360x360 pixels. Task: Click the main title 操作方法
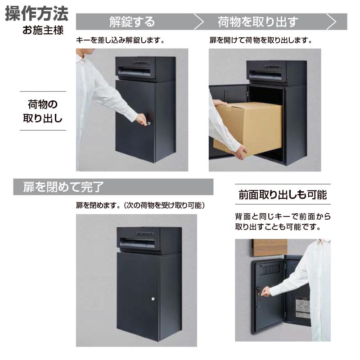coord(37,13)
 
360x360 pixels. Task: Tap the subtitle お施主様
coord(44,31)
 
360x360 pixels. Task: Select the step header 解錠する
coord(132,22)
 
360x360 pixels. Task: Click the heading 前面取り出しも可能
coord(283,195)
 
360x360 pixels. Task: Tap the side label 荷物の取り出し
coord(43,111)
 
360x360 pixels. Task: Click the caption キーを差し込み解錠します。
coord(119,40)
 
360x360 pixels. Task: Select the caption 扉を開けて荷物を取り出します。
coord(261,40)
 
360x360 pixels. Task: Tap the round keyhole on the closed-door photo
coord(153,299)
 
